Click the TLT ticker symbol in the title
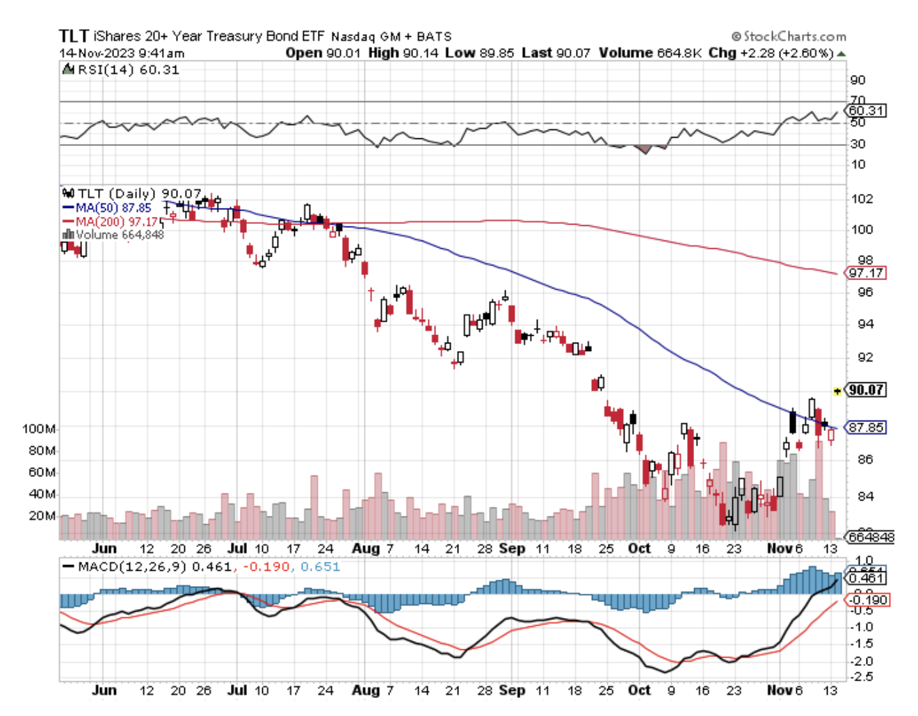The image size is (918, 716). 74,36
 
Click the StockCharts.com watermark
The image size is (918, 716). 789,36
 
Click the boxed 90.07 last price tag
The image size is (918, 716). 866,390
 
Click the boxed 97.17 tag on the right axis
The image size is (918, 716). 866,273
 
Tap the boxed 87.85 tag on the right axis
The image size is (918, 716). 866,428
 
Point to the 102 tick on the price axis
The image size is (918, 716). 862,199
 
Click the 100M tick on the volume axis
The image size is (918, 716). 39,429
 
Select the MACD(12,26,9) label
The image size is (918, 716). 132,567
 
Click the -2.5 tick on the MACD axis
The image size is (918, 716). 862,677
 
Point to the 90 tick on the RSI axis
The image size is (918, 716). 857,80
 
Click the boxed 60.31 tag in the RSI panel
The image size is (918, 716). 867,111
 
